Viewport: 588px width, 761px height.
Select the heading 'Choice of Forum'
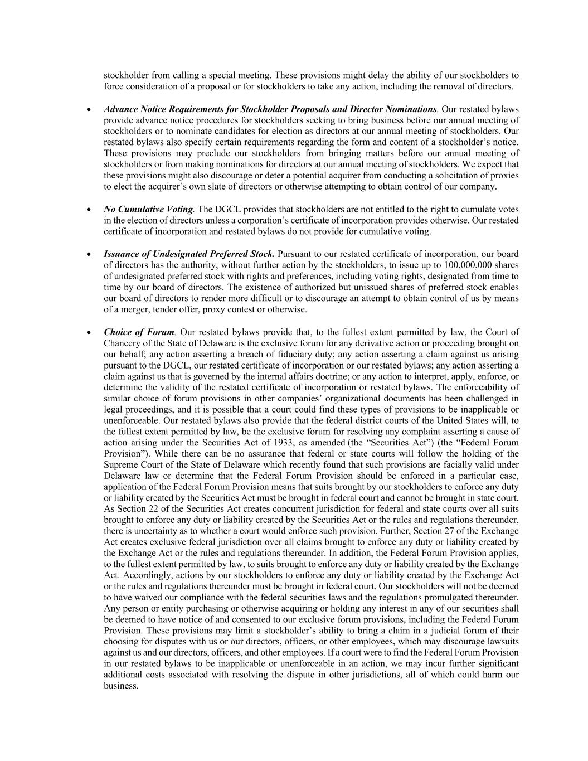(139, 332)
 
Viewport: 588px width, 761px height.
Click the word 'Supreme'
(119, 465)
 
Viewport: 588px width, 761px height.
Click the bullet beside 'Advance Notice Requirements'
(89, 110)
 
